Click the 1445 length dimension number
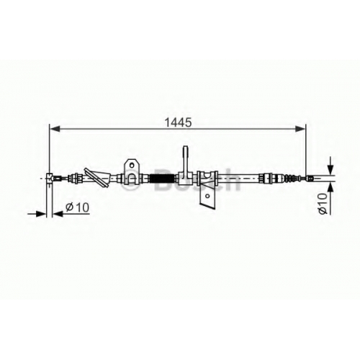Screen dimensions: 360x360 (178, 123)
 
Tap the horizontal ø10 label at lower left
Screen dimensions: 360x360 (77, 207)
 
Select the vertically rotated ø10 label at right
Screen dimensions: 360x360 (323, 203)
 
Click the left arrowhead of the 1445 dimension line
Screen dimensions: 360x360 (55, 129)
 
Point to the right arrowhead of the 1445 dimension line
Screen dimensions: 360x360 (300, 129)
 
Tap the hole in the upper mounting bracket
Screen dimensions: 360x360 (132, 165)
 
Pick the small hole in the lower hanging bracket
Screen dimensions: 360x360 (208, 196)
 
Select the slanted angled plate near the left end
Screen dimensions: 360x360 (96, 178)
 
